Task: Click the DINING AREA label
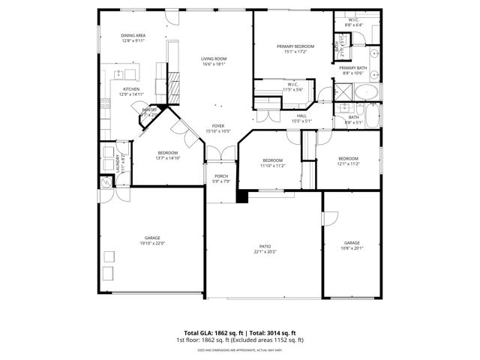pos(133,36)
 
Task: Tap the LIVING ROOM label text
pos(213,58)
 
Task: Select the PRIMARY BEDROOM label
pos(295,46)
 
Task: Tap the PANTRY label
pos(150,110)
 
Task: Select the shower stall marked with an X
pos(344,94)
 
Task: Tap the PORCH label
pos(220,176)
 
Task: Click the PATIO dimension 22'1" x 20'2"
pos(265,251)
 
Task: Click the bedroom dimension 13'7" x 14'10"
pos(167,158)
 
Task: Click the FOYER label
pos(217,126)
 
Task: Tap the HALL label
pos(301,115)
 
